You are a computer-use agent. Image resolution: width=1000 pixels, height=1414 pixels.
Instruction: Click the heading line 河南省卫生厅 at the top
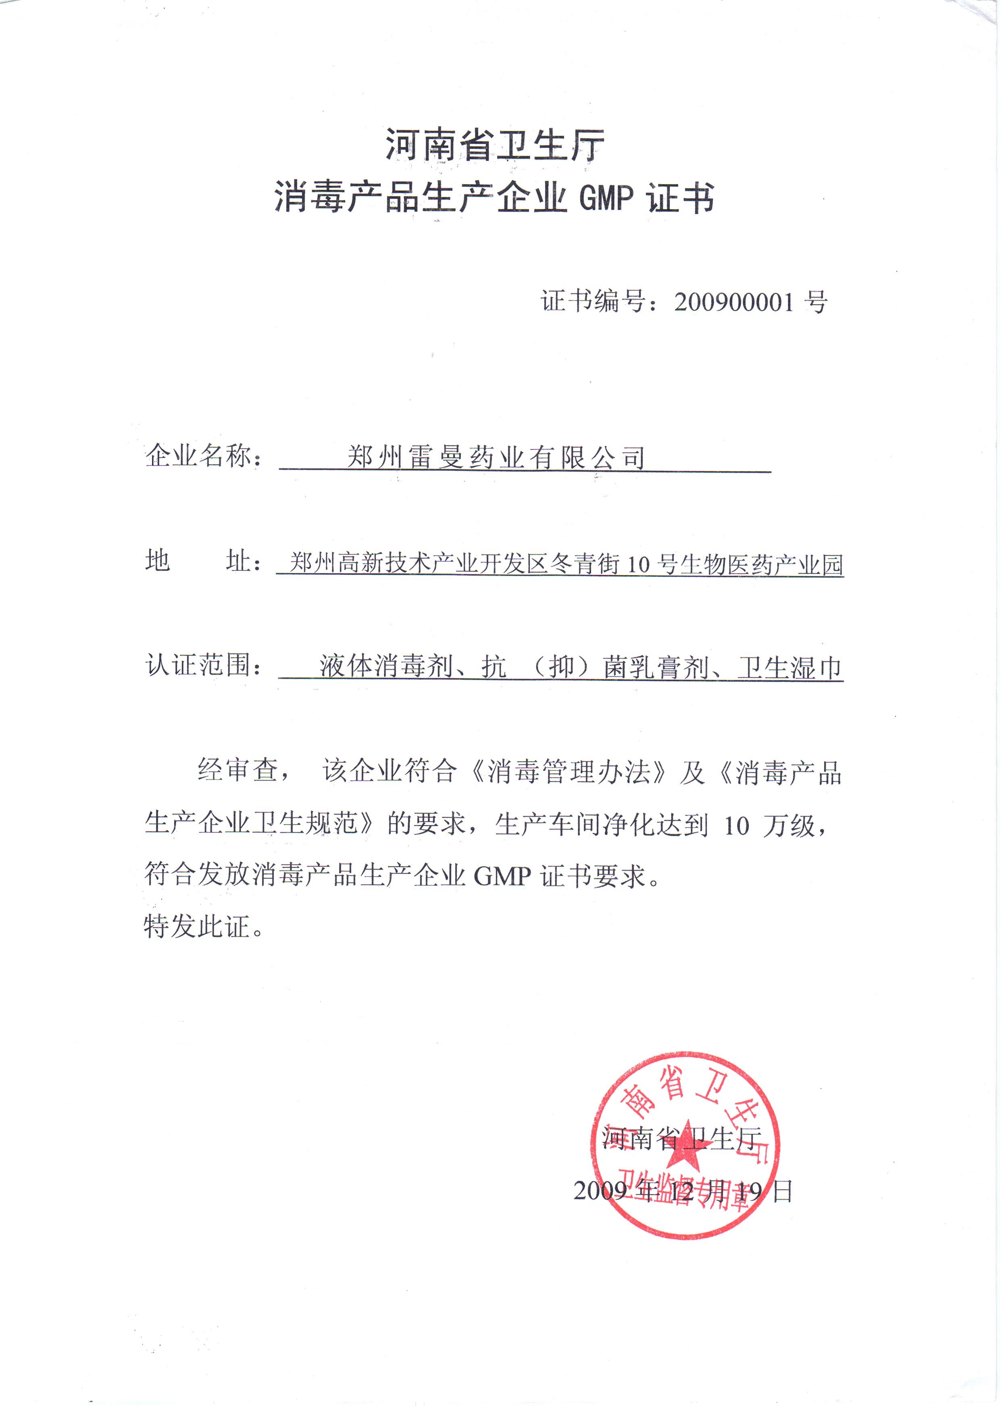495,146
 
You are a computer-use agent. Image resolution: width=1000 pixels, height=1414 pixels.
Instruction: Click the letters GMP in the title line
606,198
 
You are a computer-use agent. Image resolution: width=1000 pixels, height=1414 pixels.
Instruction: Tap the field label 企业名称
198,456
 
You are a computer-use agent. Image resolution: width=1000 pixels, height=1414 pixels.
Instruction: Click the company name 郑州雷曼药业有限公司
496,457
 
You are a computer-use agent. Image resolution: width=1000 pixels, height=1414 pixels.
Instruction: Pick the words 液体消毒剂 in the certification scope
386,666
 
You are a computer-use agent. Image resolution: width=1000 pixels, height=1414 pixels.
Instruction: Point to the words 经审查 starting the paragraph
238,770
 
